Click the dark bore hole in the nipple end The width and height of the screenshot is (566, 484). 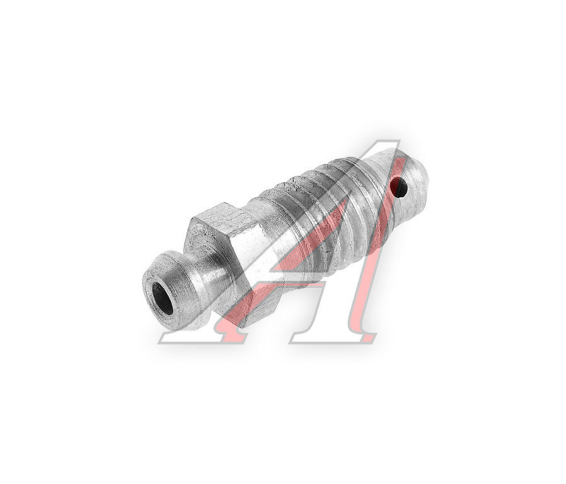[x=162, y=298]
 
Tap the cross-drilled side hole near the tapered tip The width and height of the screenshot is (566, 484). [x=400, y=188]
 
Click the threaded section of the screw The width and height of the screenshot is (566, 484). [x=332, y=213]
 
